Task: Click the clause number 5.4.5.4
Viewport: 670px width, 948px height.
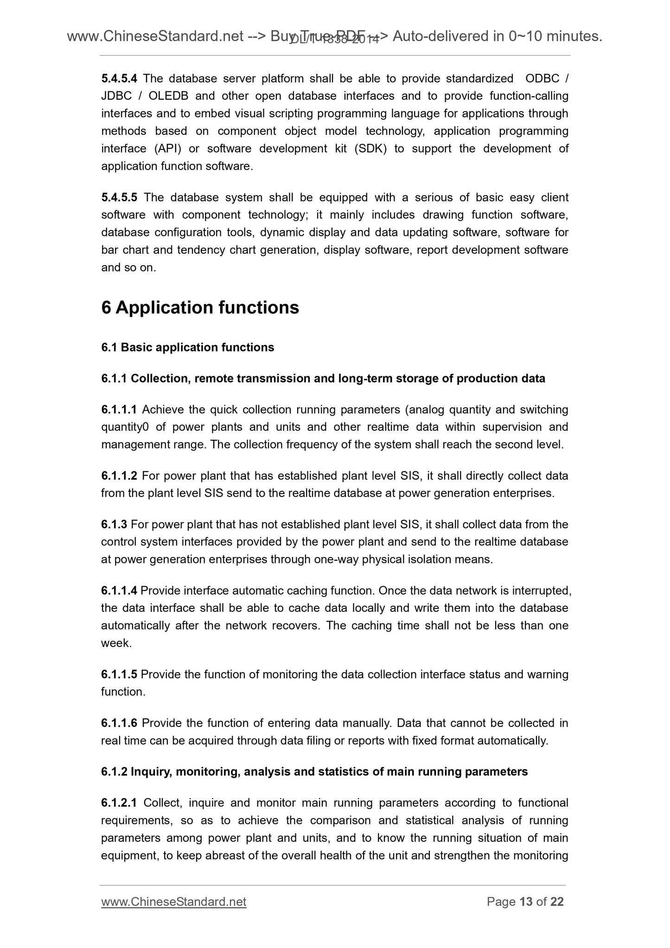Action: click(119, 79)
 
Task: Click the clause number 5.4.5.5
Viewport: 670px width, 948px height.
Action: click(119, 198)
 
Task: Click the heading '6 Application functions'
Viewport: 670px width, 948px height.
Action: click(200, 308)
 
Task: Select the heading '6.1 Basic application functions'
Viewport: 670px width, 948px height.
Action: click(187, 347)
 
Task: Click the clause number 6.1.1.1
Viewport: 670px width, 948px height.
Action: click(119, 410)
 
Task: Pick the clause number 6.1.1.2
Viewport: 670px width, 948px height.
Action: click(119, 476)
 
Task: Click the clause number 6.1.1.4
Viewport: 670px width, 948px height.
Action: click(119, 591)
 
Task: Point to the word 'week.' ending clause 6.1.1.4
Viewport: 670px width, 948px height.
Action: click(116, 644)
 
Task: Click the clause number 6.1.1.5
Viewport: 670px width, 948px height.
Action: click(119, 674)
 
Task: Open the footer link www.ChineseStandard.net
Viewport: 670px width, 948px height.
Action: click(173, 902)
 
